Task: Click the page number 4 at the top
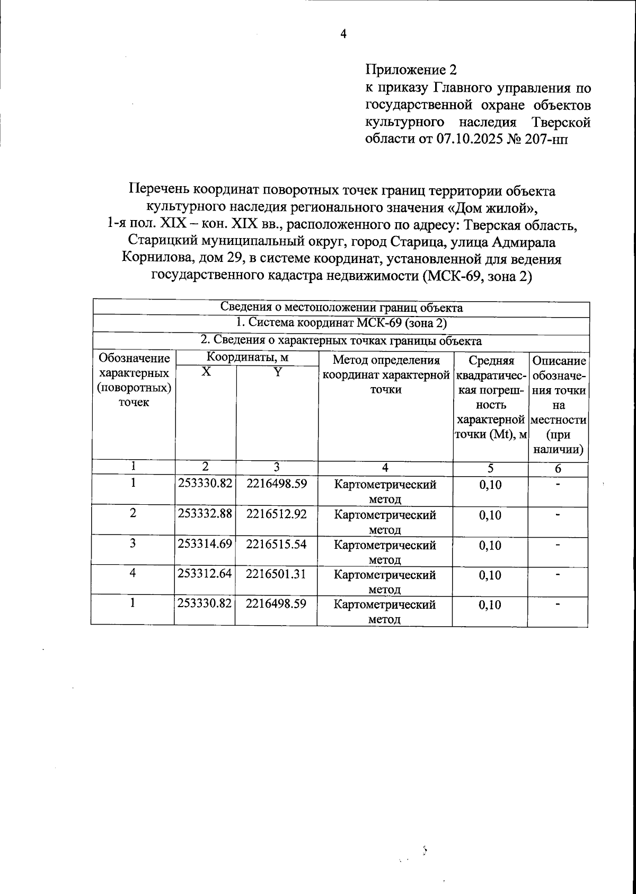(343, 34)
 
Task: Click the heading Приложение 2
(410, 69)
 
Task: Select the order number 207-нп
(549, 139)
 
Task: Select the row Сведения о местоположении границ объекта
(341, 308)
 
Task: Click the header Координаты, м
(247, 358)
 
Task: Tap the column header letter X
(206, 372)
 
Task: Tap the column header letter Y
(276, 372)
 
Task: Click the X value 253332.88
(205, 514)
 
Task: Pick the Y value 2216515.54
(276, 544)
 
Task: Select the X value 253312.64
(205, 574)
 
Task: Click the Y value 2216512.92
(276, 514)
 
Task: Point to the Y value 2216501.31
(276, 574)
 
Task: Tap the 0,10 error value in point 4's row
(490, 575)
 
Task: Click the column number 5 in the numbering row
(491, 468)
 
